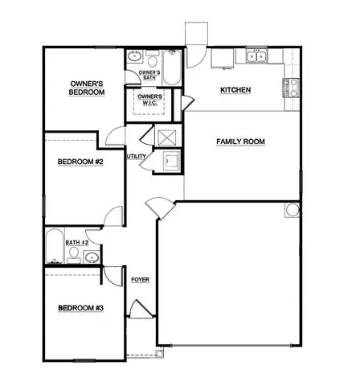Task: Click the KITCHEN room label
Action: [x=235, y=90]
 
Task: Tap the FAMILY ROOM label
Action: [x=240, y=142]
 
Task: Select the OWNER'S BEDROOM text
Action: [x=87, y=88]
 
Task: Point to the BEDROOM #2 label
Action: [x=80, y=162]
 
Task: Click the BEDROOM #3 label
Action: [x=80, y=308]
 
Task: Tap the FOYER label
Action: [x=140, y=280]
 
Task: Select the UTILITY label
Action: [x=137, y=156]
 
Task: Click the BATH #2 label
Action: [x=77, y=242]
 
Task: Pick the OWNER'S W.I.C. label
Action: [x=149, y=100]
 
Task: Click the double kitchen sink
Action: [x=256, y=56]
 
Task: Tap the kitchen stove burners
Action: [x=291, y=88]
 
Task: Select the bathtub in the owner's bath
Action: [x=172, y=68]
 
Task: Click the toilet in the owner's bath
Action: [x=153, y=59]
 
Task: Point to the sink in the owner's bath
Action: [x=134, y=56]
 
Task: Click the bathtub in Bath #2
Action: [x=55, y=246]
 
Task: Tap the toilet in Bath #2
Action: [x=74, y=255]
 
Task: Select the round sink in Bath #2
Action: [x=92, y=257]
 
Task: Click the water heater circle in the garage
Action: [x=292, y=210]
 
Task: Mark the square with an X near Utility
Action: [x=167, y=138]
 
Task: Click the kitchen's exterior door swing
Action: [x=196, y=57]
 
